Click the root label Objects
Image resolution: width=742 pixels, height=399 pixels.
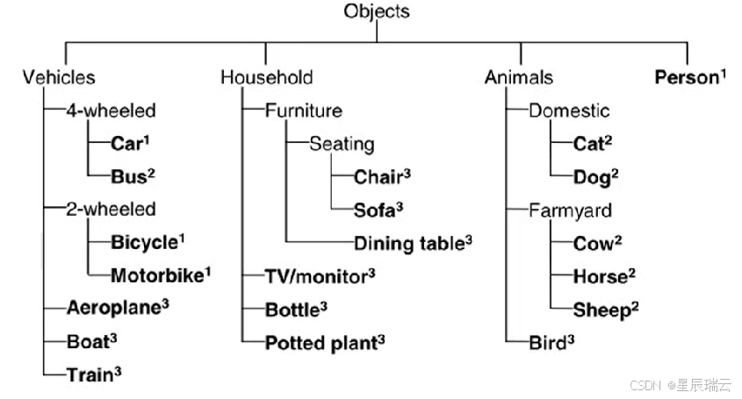click(377, 11)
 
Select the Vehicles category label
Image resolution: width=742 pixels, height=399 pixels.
click(59, 78)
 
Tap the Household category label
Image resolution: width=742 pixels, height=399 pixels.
click(266, 78)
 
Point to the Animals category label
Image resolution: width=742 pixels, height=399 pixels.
click(519, 78)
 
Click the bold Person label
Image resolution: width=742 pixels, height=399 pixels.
click(687, 77)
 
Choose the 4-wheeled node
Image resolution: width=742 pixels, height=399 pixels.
click(112, 111)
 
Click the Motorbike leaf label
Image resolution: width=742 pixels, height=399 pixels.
click(157, 276)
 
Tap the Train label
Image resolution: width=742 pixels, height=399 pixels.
click(89, 375)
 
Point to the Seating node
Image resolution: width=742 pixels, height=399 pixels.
click(342, 144)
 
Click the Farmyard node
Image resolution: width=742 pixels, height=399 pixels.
click(571, 211)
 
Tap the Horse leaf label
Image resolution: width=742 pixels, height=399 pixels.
click(601, 277)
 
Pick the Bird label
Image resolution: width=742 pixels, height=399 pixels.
click(547, 343)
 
